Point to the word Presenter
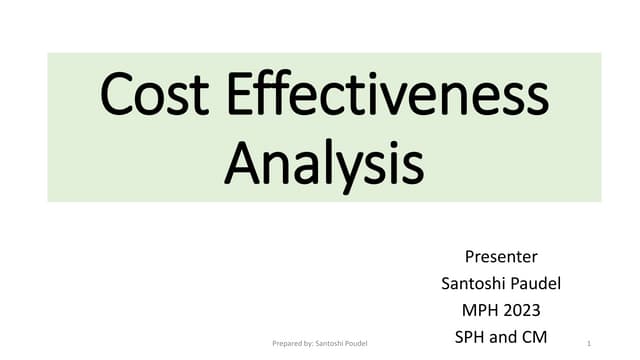pyautogui.click(x=501, y=256)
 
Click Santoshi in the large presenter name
pyautogui.click(x=473, y=283)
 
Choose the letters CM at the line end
pyautogui.click(x=537, y=337)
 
